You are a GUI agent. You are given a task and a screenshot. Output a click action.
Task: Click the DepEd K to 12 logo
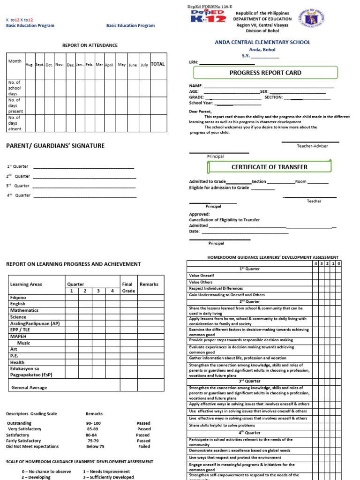208,17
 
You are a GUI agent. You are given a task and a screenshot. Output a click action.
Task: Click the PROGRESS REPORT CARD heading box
265,73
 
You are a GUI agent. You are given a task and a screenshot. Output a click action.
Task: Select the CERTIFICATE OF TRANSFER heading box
269,167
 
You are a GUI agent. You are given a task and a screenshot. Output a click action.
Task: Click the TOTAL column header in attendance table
157,64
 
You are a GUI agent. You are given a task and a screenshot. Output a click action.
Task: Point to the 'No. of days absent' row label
15,123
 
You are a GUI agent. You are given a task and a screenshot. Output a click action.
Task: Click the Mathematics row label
24,310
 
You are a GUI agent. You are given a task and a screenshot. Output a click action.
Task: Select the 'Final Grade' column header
128,287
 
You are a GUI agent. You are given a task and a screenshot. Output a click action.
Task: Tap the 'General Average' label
29,388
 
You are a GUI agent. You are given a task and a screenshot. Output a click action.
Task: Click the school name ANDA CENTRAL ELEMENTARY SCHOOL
262,42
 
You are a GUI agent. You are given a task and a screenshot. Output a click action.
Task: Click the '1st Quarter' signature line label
17,166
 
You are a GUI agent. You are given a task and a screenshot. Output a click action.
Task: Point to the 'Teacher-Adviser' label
312,146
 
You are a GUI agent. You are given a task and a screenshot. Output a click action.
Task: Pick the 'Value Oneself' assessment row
201,276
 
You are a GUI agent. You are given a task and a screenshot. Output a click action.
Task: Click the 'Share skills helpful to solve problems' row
222,426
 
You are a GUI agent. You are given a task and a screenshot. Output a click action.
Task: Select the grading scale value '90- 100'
93,423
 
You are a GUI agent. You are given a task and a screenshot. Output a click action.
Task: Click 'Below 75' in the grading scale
95,447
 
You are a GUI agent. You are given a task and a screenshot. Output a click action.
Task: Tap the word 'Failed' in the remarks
144,447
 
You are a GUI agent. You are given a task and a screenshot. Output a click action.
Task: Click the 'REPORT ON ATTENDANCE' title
90,45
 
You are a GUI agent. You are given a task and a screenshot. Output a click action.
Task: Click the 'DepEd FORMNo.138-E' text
210,6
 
